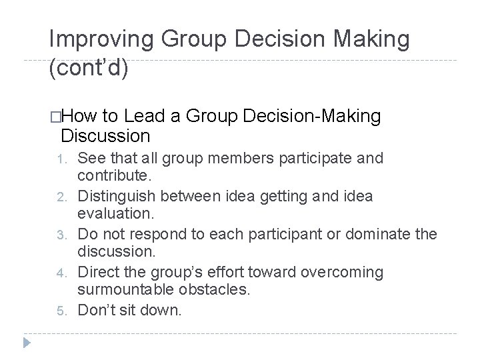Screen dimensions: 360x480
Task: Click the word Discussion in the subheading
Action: click(106, 137)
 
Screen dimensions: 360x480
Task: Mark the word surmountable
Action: click(127, 290)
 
